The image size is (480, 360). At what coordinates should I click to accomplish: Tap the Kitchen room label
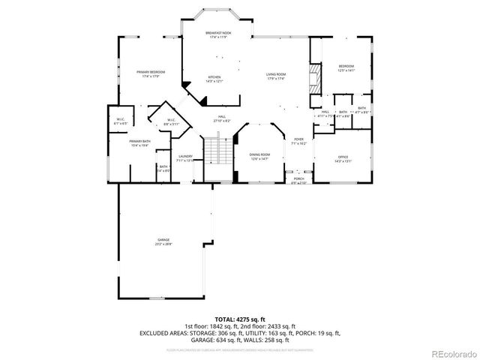[x=214, y=79]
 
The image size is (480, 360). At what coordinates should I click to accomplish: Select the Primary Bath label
[x=139, y=143]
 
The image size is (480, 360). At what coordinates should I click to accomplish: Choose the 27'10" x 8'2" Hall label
[x=223, y=118]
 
